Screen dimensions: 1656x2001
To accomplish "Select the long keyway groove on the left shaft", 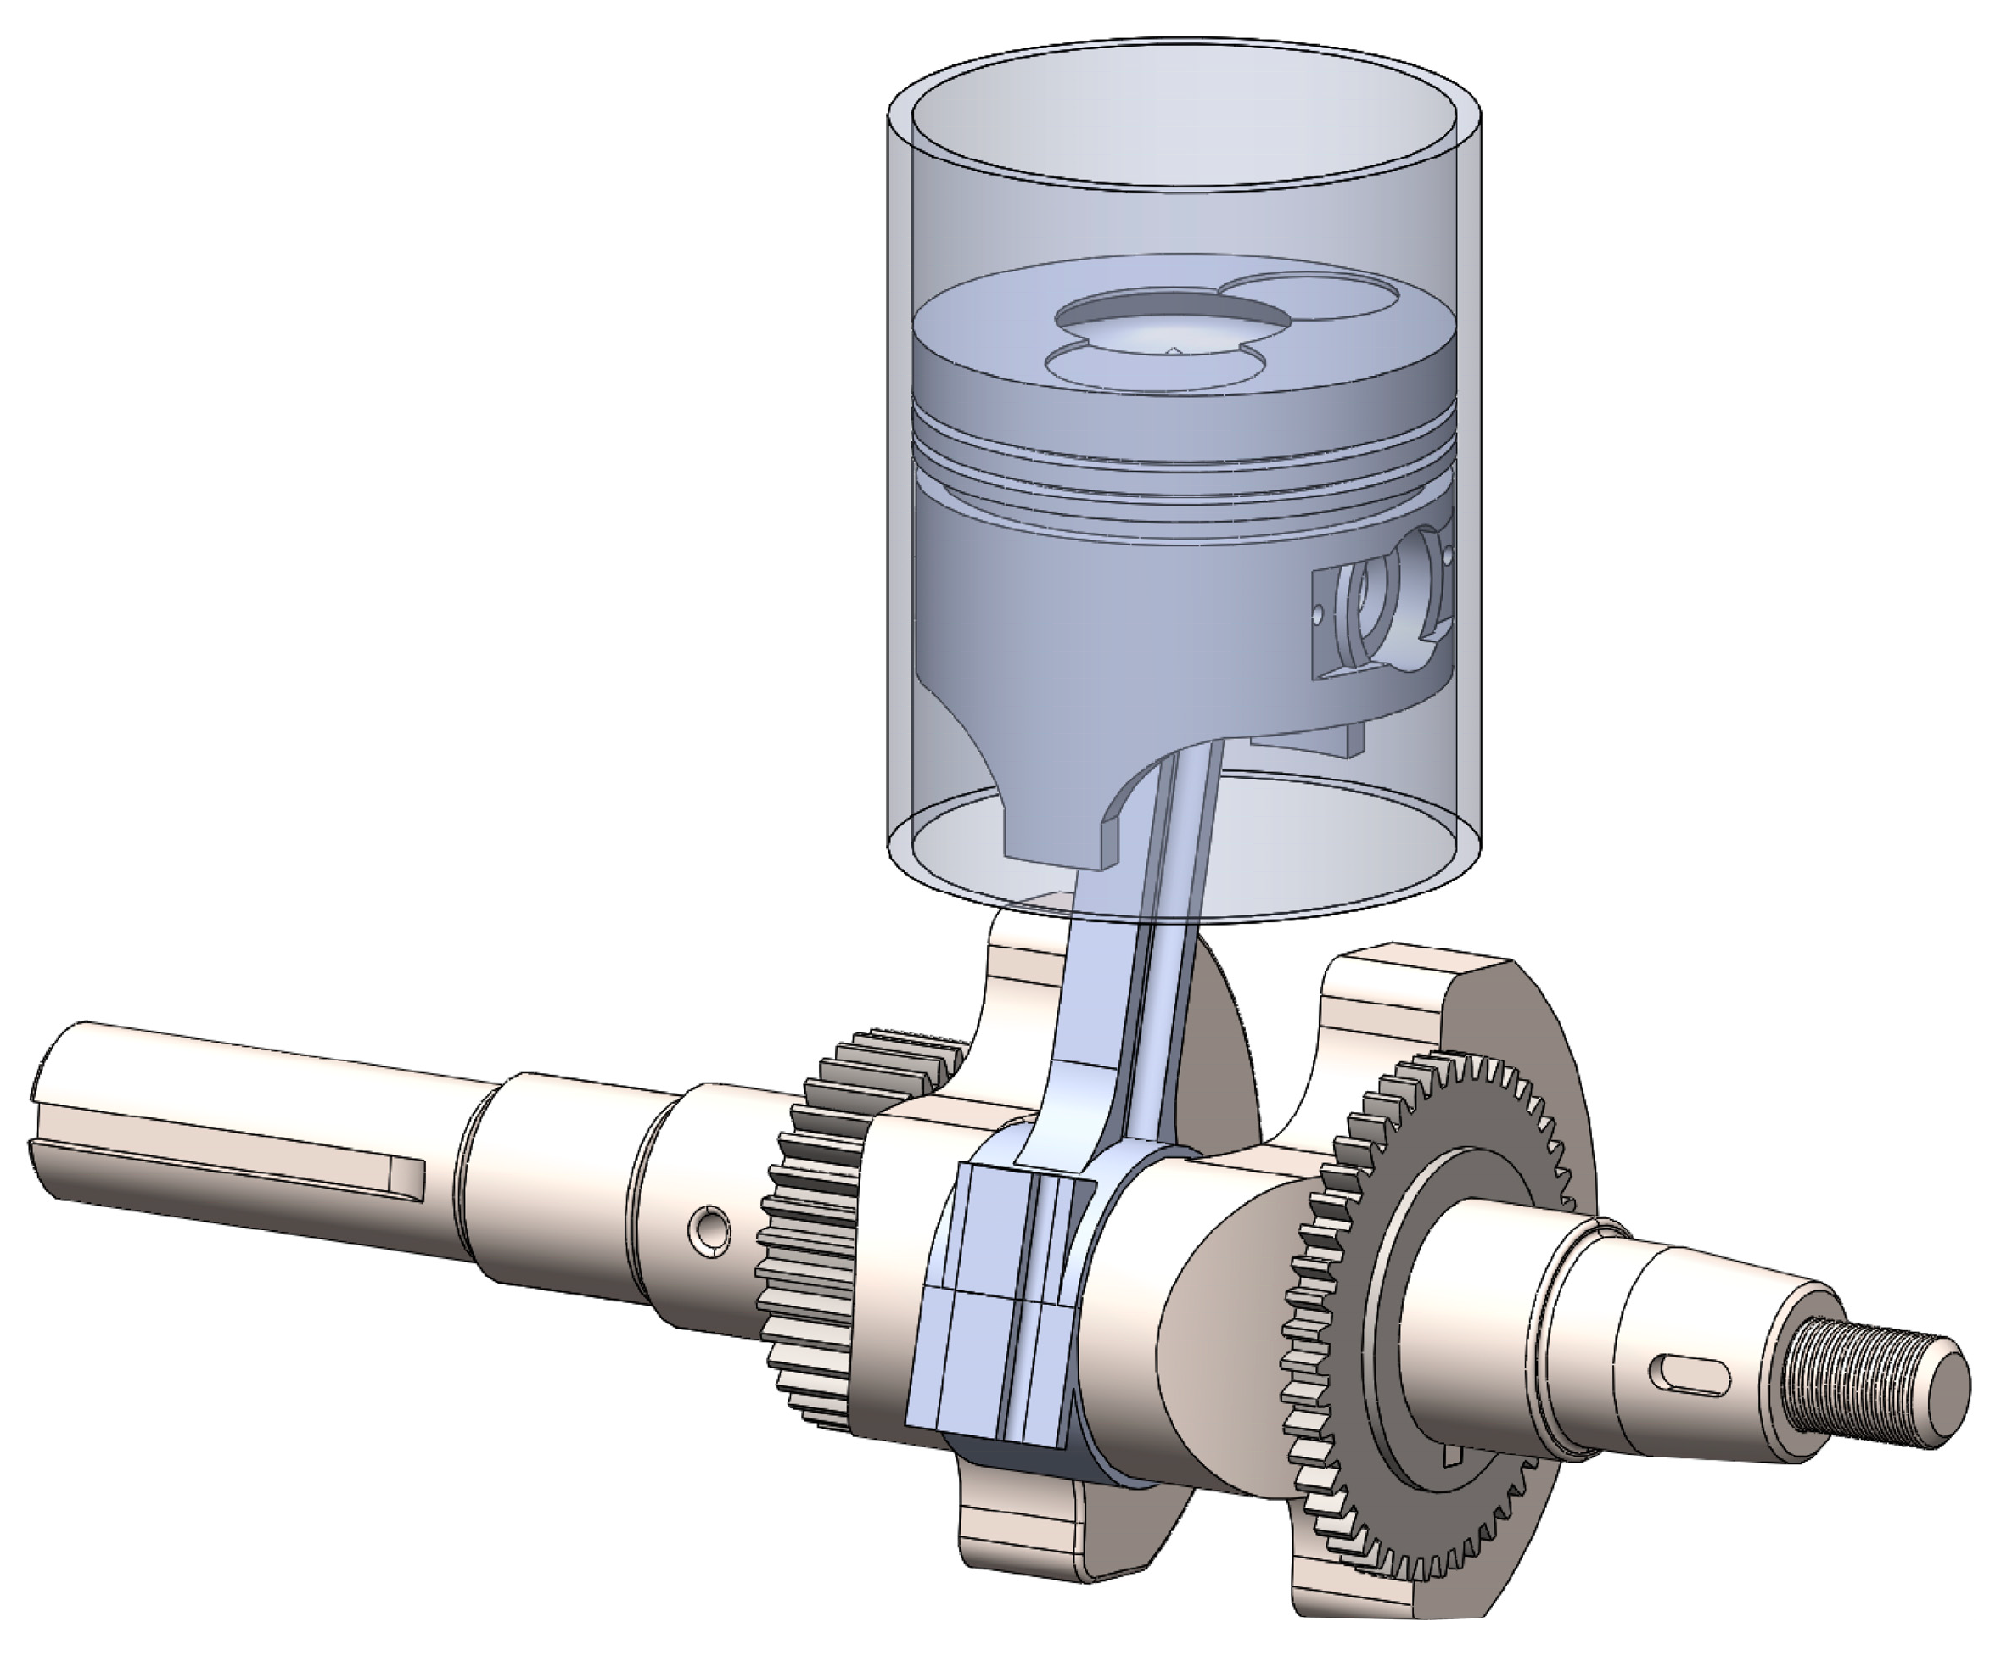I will [238, 1154].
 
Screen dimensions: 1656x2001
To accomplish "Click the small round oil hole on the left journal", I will [710, 1228].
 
